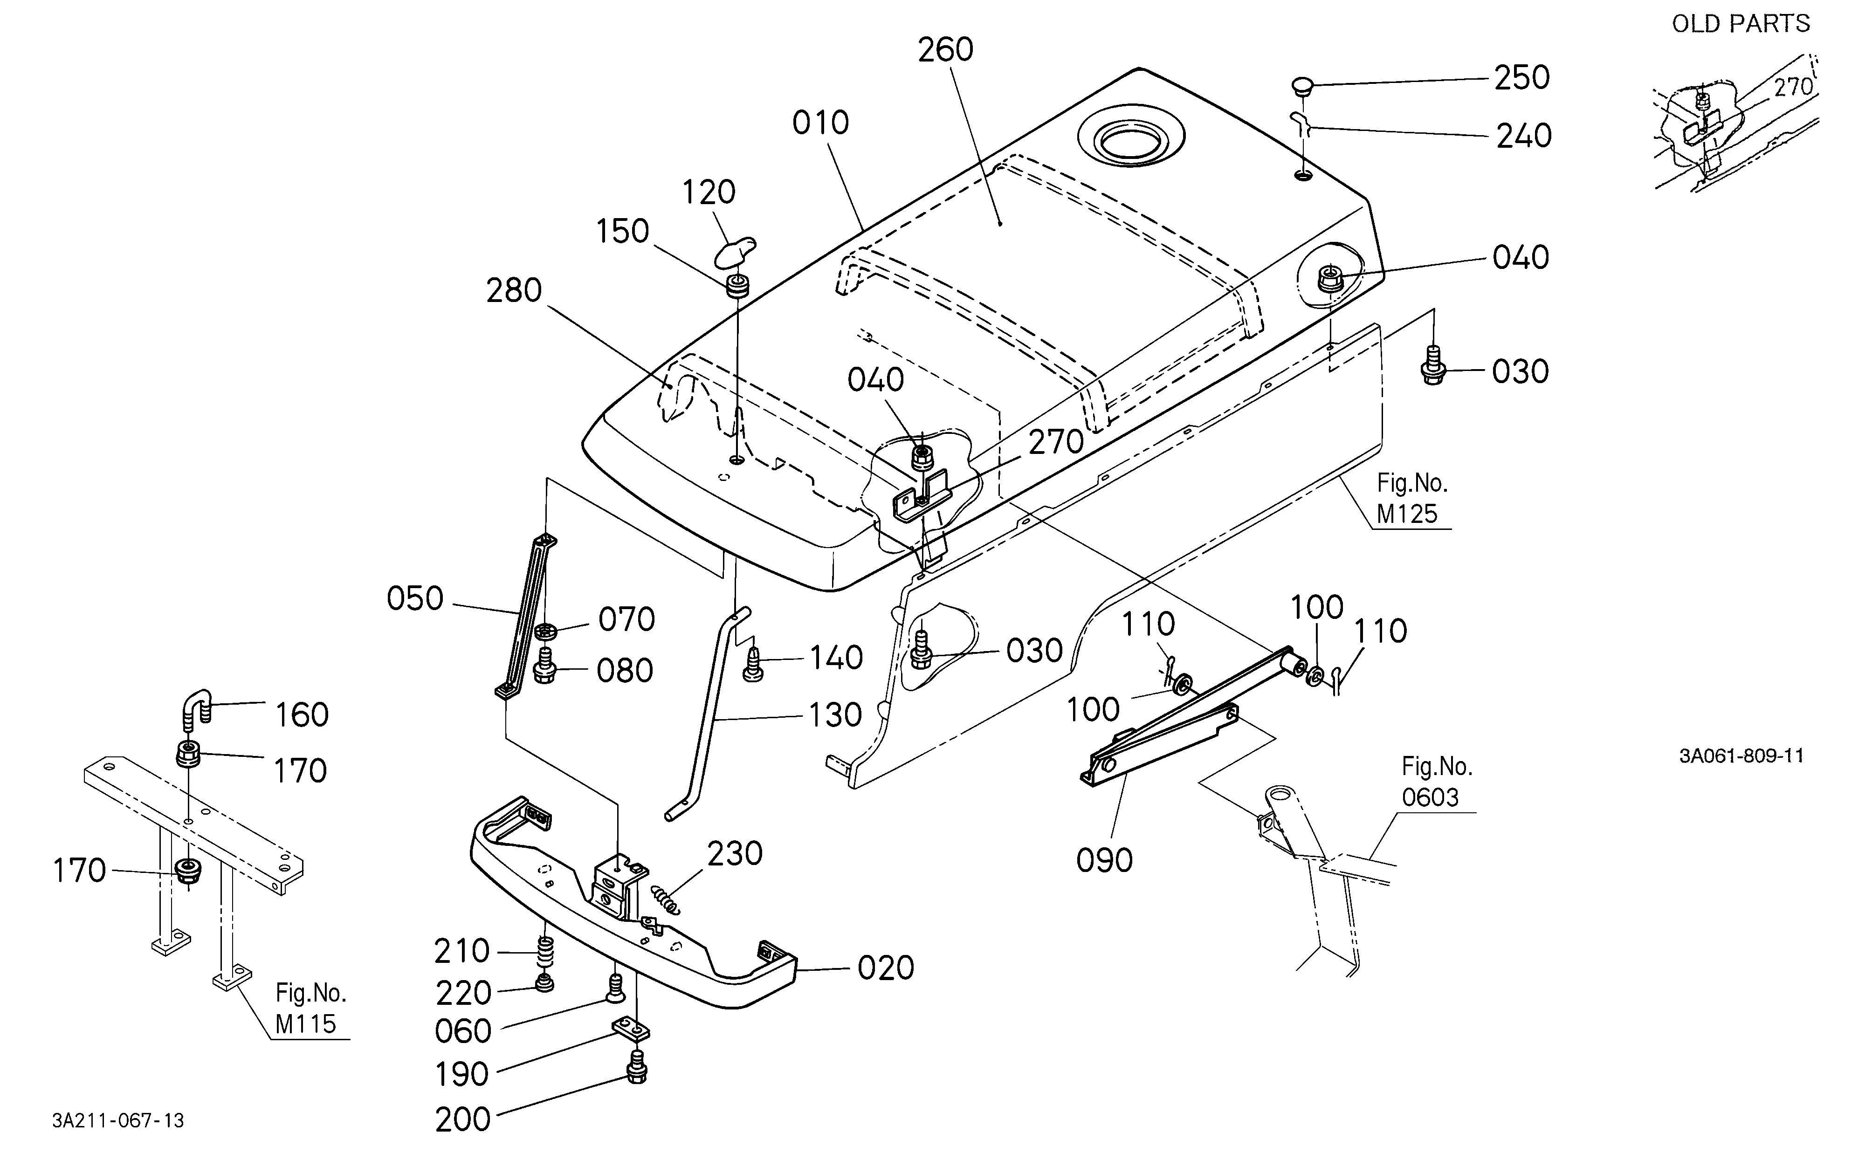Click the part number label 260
tap(946, 50)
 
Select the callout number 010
tap(820, 123)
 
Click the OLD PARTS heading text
tap(1741, 24)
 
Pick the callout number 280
tap(514, 291)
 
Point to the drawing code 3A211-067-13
tap(118, 1121)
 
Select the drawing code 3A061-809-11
tap(1741, 755)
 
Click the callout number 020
tap(886, 968)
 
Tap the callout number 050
tap(415, 599)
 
